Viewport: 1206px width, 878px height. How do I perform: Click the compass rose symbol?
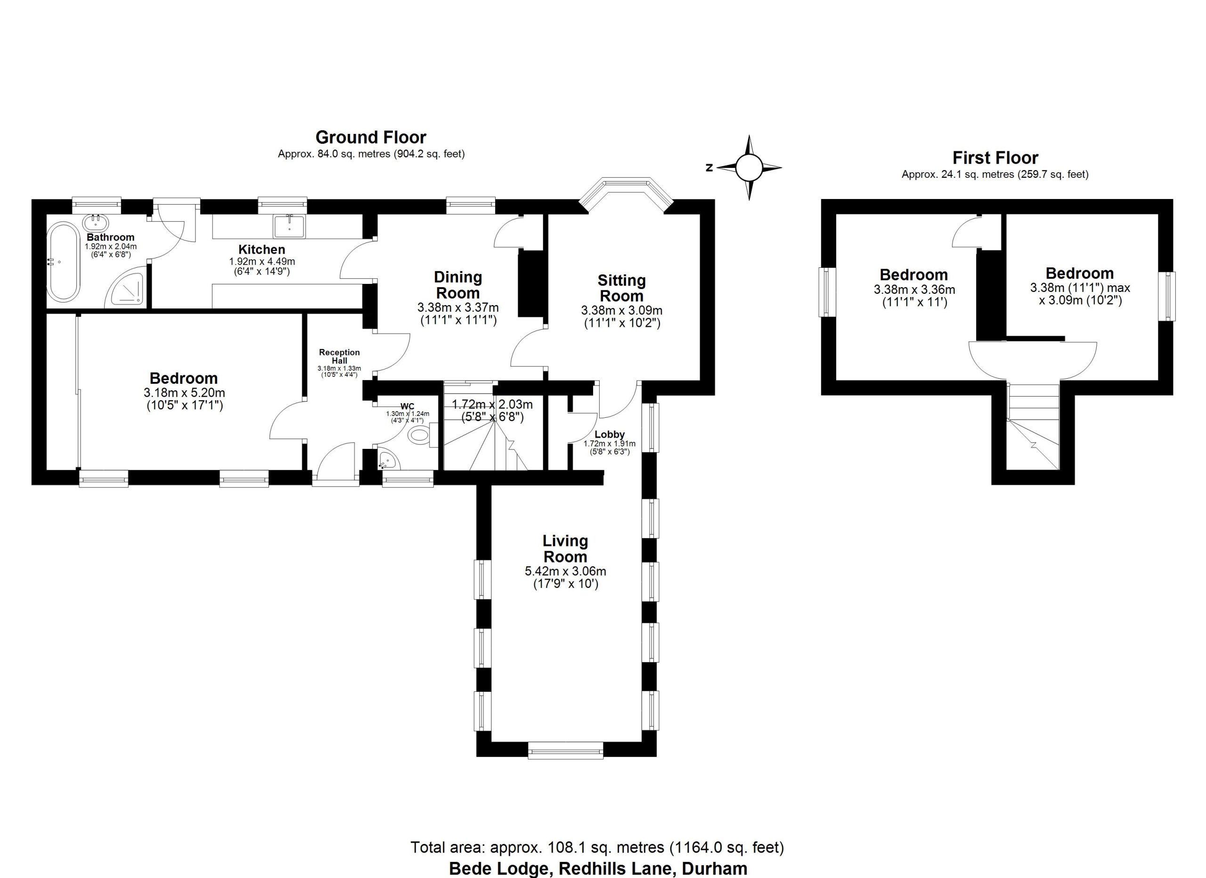pyautogui.click(x=749, y=167)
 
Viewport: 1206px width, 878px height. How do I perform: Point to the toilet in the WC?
pyautogui.click(x=423, y=435)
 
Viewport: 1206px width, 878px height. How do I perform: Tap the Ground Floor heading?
pyautogui.click(x=371, y=137)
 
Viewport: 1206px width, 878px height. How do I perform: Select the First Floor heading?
pyautogui.click(x=995, y=157)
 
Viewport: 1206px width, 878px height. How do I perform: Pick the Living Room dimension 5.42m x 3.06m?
pyautogui.click(x=565, y=572)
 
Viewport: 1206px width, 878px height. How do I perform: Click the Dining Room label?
pyautogui.click(x=457, y=285)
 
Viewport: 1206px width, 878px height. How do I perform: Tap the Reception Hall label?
pyautogui.click(x=339, y=356)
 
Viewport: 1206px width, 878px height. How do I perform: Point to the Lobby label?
pyautogui.click(x=610, y=435)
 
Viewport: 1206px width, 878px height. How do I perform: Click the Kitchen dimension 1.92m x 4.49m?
pyautogui.click(x=261, y=262)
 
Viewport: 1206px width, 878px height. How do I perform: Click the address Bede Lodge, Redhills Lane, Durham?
pyautogui.click(x=598, y=869)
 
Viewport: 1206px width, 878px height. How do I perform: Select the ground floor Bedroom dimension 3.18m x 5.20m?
pyautogui.click(x=184, y=393)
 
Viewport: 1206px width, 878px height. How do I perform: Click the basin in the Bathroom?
pyautogui.click(x=96, y=223)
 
